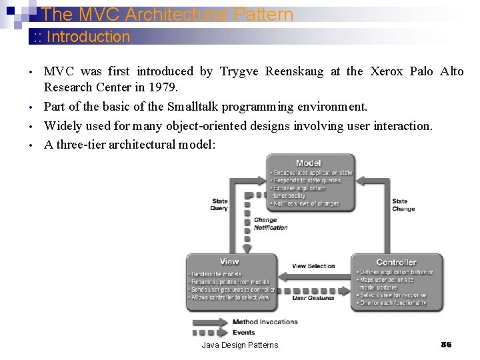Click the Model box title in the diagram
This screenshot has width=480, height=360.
pos(308,163)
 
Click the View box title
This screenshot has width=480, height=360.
pos(229,261)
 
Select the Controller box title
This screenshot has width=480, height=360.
pos(396,263)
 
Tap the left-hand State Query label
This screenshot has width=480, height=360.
pos(219,205)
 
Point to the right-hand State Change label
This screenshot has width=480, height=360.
pos(403,205)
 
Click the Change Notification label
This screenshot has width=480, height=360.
pos(270,224)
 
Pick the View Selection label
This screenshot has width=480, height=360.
pos(313,266)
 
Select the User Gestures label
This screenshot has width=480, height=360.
pos(313,298)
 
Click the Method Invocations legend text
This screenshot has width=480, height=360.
pos(265,322)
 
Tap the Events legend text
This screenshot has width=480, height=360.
pos(244,332)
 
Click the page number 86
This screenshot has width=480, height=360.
pos(446,345)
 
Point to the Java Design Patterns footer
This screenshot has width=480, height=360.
pos(240,345)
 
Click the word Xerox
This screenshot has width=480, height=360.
pos(387,71)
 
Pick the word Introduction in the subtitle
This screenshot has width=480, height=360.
pos(89,37)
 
